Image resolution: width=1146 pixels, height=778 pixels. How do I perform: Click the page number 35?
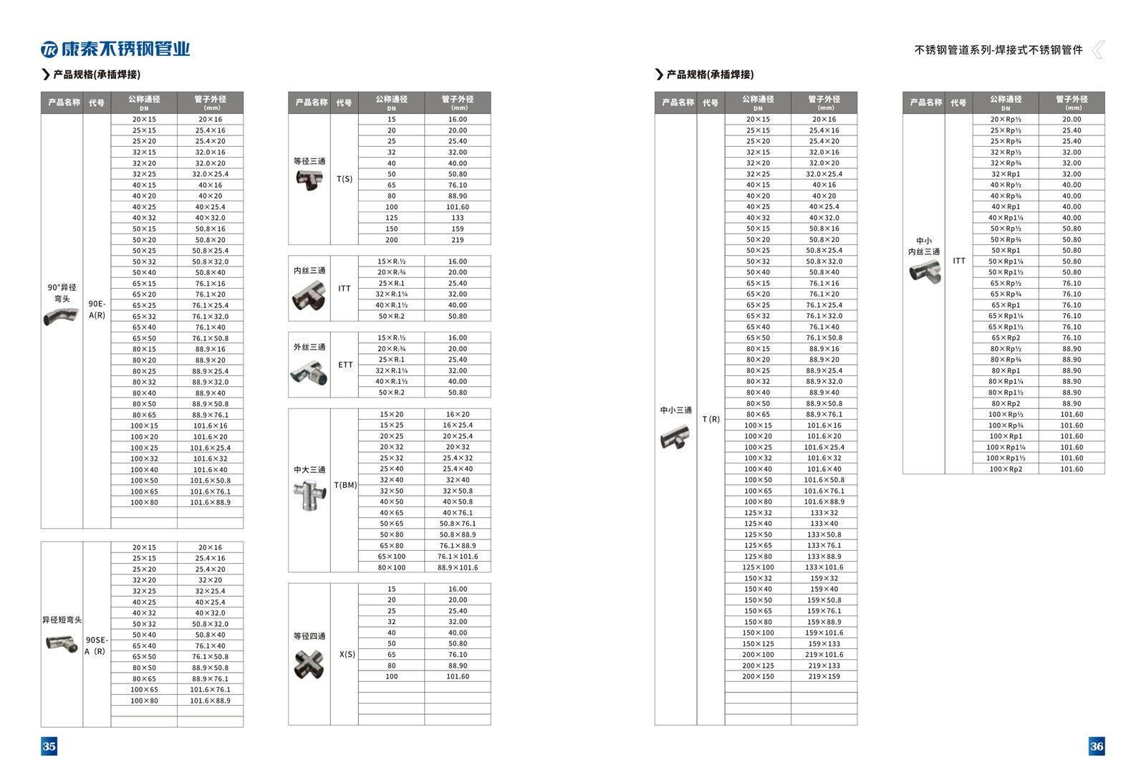(49, 746)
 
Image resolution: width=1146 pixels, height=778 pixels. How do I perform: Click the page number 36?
(1097, 746)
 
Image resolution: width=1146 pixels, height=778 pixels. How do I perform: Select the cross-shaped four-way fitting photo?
(309, 664)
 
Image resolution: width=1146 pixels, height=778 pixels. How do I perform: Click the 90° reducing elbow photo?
(61, 316)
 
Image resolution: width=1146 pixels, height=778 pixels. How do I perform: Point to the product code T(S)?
(345, 179)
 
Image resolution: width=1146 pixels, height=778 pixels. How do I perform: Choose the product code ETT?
(345, 365)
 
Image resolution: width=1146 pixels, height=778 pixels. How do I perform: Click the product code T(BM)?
(345, 485)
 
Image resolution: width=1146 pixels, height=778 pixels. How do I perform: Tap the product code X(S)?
(347, 654)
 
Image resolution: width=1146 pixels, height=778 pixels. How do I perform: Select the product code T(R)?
(711, 419)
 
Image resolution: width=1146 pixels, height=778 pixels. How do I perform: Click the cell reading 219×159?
(824, 676)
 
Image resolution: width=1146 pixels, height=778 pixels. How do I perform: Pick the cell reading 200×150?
(758, 676)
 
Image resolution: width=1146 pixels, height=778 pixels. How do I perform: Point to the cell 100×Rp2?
(1005, 469)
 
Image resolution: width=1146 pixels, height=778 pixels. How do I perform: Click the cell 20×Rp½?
(1005, 120)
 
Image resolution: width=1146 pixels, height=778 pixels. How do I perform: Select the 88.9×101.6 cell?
(457, 567)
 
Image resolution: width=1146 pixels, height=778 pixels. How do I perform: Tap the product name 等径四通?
(309, 636)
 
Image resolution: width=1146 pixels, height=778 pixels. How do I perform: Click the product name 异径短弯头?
(62, 620)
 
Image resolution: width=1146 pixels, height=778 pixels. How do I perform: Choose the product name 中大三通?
(309, 470)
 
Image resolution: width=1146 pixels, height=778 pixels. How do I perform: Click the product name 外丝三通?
(309, 347)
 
